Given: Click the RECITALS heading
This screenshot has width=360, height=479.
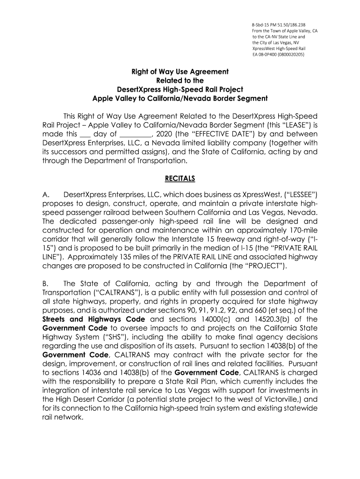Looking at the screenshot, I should pos(180,178).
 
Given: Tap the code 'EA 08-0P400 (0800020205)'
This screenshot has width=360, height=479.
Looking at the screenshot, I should pos(278,54).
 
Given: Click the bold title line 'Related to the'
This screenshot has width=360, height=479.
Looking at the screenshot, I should pos(180,80).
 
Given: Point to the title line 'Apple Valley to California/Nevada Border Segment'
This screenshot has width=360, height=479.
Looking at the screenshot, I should pos(180,98).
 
